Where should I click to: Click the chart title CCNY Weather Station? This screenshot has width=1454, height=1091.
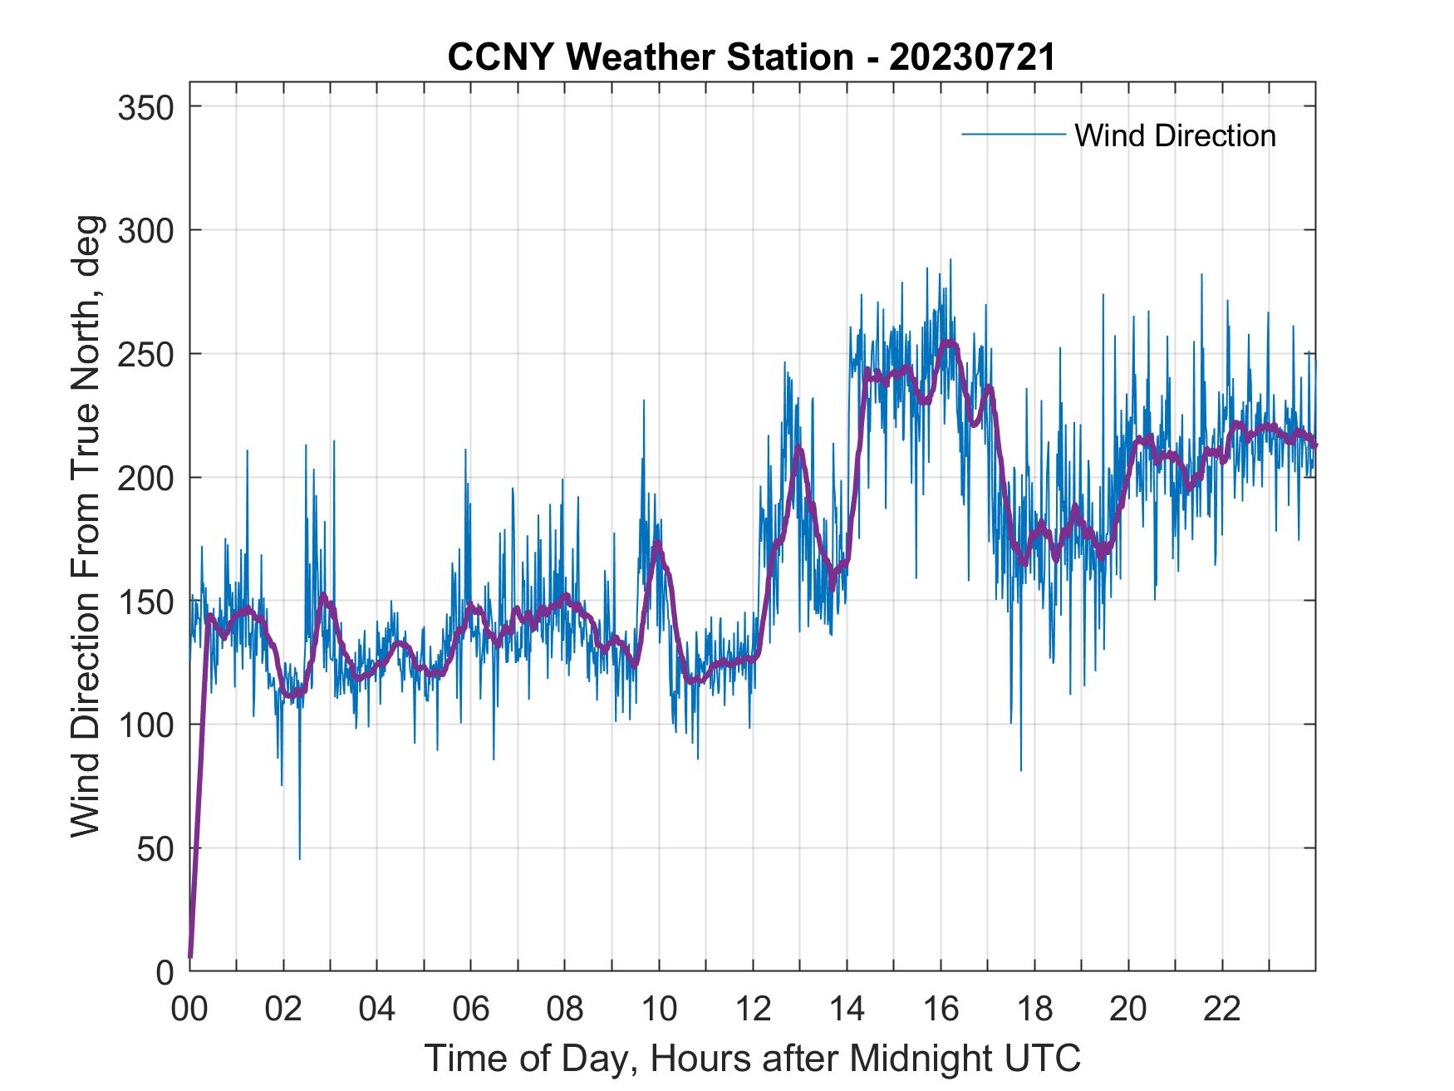click(751, 58)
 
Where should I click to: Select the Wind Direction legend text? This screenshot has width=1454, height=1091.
click(1175, 135)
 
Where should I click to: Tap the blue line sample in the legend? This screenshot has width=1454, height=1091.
click(1014, 135)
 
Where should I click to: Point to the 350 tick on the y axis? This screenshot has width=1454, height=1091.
click(145, 107)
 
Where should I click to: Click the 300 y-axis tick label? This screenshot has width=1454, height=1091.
click(145, 230)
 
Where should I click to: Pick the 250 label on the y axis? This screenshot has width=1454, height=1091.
click(145, 354)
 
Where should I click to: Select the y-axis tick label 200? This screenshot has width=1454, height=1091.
click(145, 478)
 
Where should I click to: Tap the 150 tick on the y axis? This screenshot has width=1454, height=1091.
click(145, 601)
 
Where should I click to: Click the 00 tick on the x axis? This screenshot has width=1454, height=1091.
click(189, 1010)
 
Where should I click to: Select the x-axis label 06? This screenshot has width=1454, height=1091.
click(471, 1010)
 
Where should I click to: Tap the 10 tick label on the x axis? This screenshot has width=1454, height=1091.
click(659, 1010)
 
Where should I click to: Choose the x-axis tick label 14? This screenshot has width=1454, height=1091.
click(847, 1010)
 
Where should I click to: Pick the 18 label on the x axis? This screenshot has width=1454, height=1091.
click(1034, 1010)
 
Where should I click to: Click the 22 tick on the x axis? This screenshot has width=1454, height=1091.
click(1222, 1010)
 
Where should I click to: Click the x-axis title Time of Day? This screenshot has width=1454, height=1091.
click(753, 1058)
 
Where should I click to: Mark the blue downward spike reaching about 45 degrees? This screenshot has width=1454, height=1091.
click(299, 856)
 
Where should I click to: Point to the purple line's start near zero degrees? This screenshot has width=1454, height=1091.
click(191, 956)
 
